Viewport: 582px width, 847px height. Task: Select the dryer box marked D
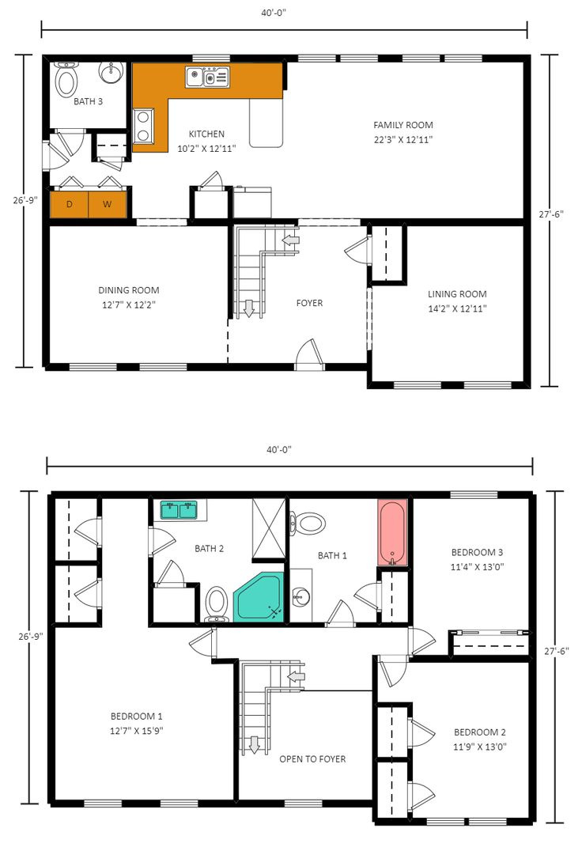[70, 205]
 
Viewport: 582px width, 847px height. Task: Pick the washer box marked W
[107, 205]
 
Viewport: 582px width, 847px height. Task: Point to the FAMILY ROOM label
[403, 125]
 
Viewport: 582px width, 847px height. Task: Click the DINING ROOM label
[129, 290]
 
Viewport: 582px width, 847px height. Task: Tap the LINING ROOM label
[457, 294]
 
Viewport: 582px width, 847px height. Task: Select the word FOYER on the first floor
[309, 303]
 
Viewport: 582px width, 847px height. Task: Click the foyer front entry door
[310, 356]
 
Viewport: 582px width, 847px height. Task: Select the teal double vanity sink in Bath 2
[179, 510]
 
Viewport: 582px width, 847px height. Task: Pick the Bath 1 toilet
[308, 523]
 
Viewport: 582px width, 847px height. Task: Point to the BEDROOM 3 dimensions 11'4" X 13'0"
[478, 566]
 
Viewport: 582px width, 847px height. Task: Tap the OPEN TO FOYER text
[312, 759]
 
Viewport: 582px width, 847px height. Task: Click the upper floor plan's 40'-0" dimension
[279, 13]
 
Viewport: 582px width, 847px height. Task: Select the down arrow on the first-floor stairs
[249, 308]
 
